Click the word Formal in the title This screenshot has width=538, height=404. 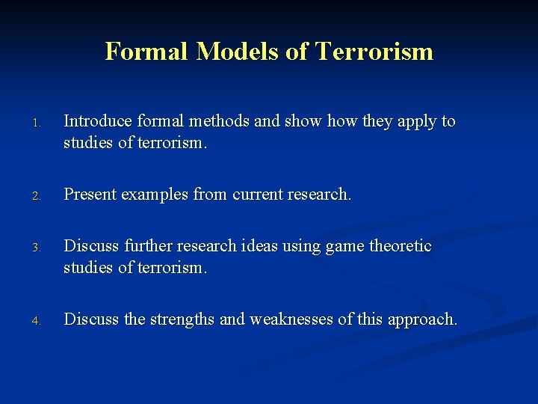[146, 52]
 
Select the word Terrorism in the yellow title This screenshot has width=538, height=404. [374, 52]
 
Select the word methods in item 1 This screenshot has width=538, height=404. [222, 121]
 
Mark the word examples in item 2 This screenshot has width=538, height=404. [154, 195]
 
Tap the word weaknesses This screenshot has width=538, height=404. [291, 319]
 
